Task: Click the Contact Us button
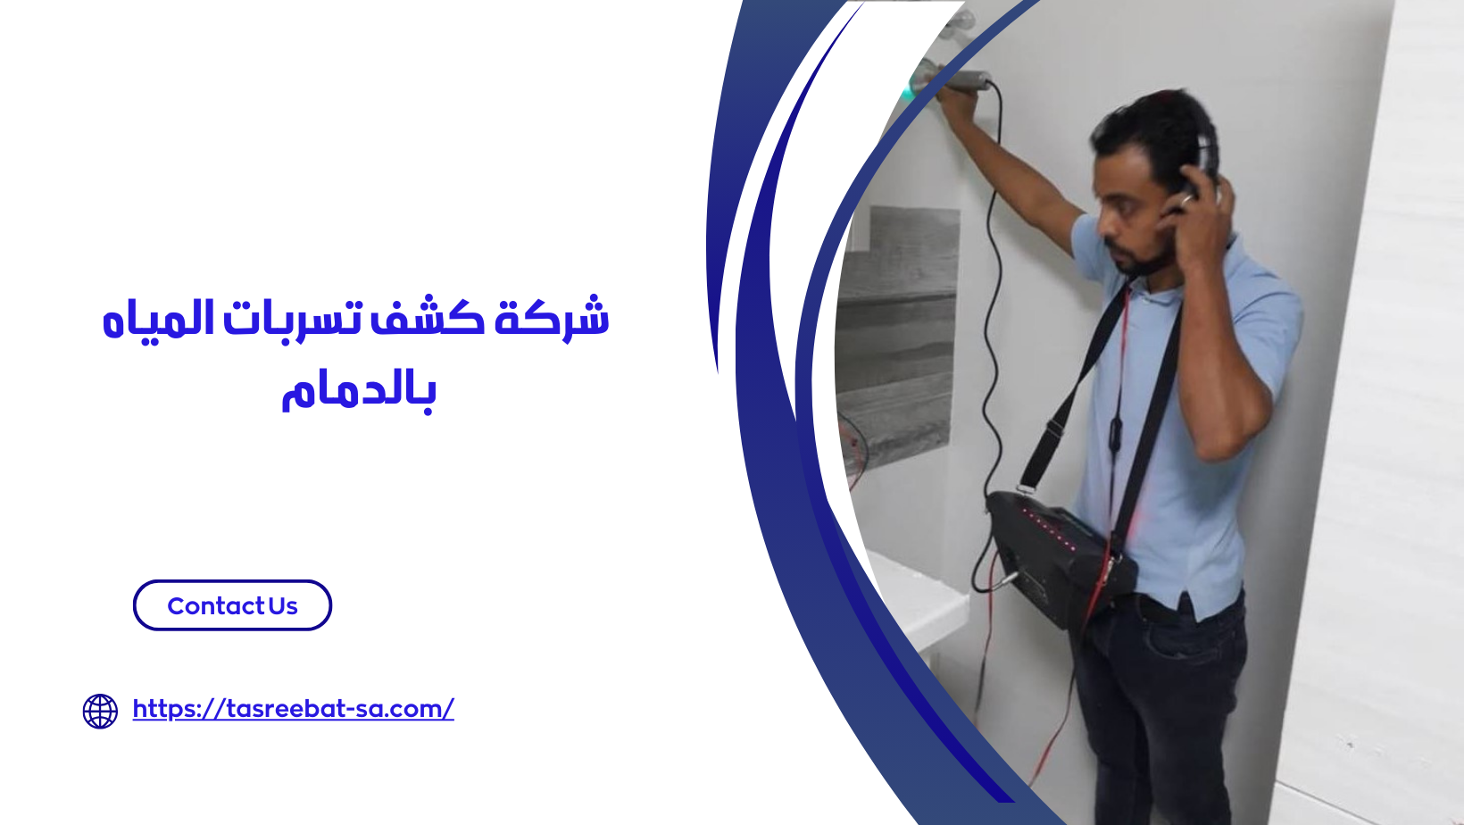(x=232, y=605)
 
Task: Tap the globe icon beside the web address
(x=100, y=712)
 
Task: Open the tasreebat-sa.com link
(x=293, y=709)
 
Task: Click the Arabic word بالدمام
(x=359, y=392)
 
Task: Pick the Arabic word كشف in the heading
(x=428, y=319)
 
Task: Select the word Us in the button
(x=283, y=606)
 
